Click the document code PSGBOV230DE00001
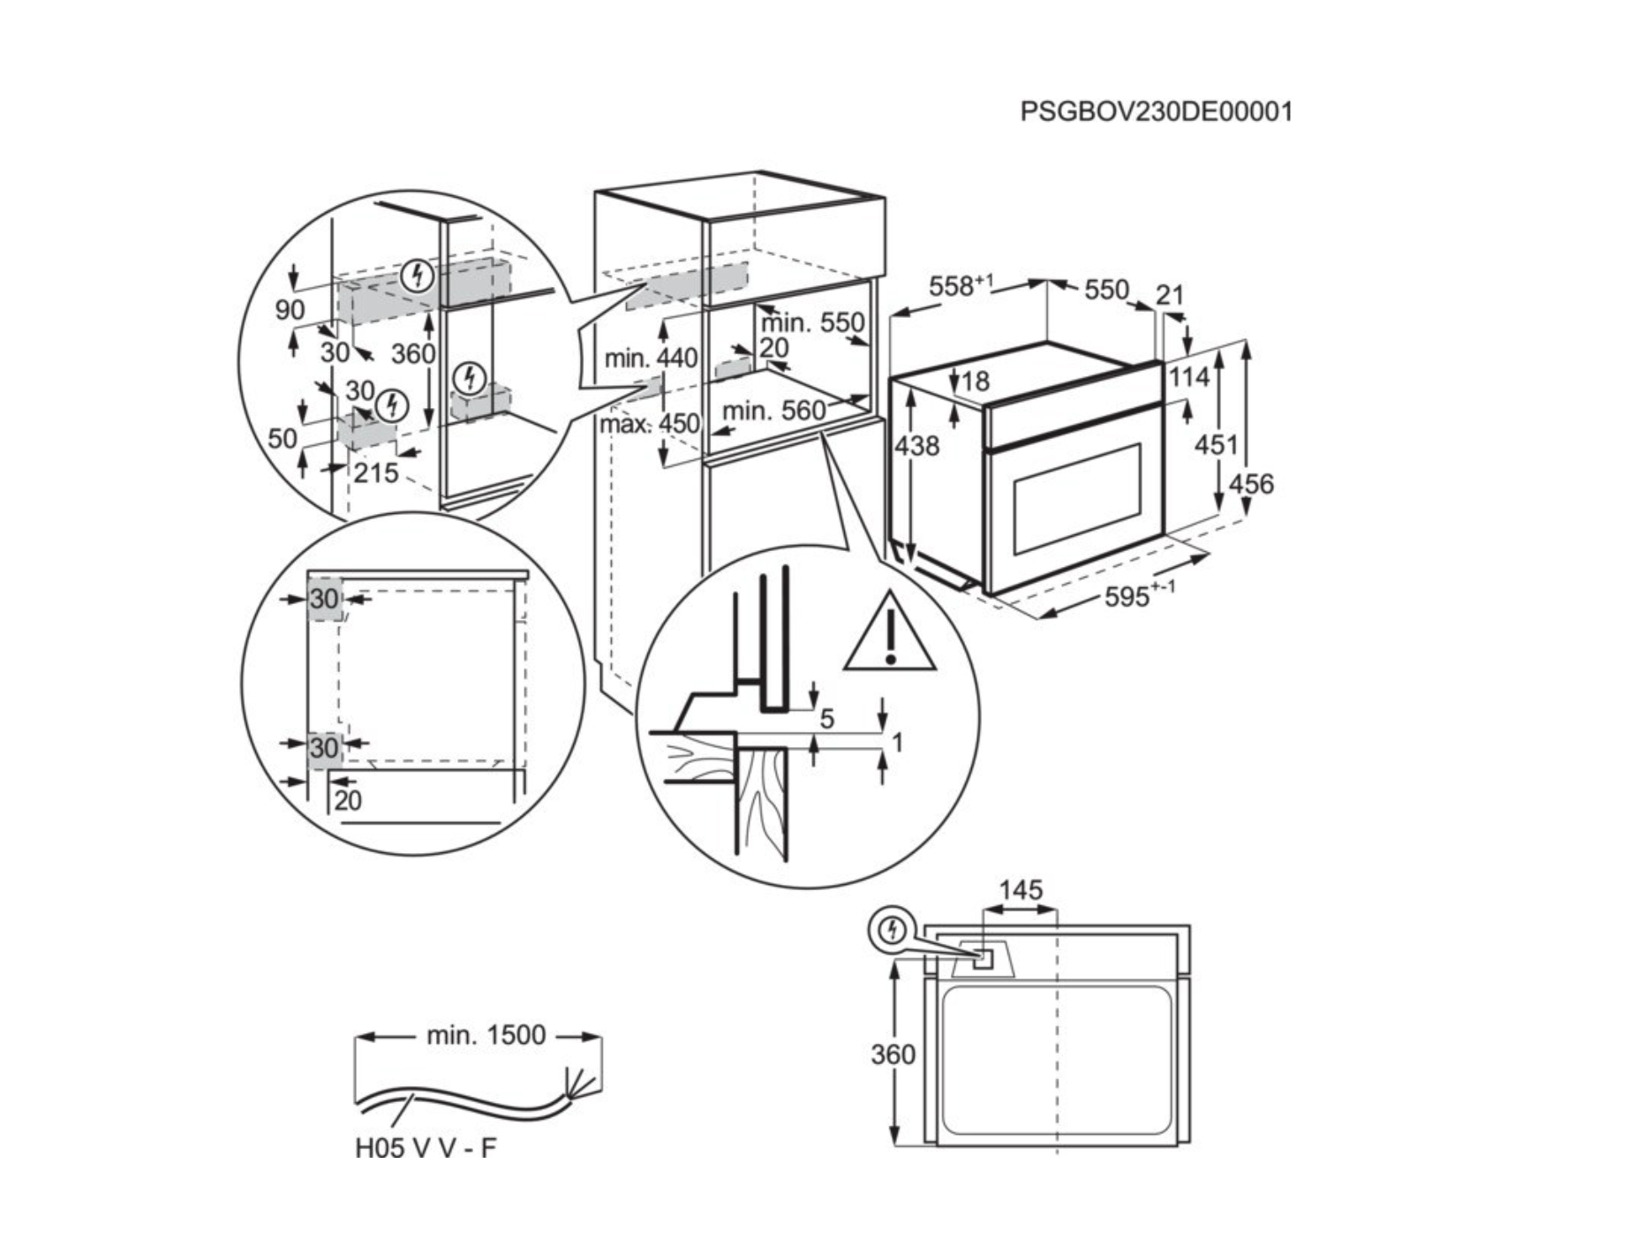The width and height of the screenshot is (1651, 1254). (x=1156, y=112)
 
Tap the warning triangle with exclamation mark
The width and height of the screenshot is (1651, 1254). (x=890, y=634)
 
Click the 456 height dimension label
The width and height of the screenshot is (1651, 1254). (x=1251, y=484)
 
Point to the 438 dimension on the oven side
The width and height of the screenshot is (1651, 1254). (x=917, y=446)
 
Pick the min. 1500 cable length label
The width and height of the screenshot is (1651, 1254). (x=486, y=1035)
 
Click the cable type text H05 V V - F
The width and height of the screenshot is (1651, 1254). (x=426, y=1148)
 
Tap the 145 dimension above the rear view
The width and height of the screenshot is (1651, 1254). (x=1021, y=890)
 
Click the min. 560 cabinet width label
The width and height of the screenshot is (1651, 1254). (x=773, y=411)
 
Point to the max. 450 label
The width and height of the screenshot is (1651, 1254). (x=649, y=425)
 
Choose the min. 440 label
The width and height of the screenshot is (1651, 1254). (x=651, y=359)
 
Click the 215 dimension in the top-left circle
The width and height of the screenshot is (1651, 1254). (x=376, y=473)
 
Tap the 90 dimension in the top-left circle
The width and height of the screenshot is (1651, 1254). (x=290, y=310)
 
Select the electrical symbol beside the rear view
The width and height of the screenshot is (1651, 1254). (x=893, y=930)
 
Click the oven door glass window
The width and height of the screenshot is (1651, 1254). (x=1077, y=499)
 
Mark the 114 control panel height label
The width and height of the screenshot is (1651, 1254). (x=1189, y=378)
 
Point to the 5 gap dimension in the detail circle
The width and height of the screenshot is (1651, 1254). (x=826, y=719)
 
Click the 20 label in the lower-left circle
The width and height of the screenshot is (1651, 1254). (x=348, y=801)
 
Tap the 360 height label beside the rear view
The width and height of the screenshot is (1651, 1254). (x=893, y=1054)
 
